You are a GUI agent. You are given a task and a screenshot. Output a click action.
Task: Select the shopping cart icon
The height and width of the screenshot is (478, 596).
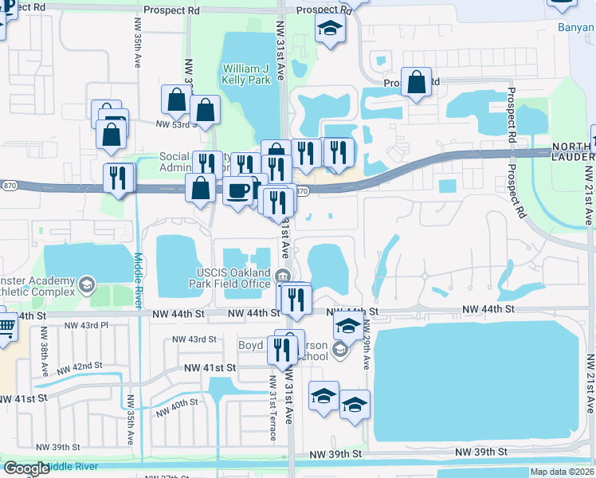point(5,326)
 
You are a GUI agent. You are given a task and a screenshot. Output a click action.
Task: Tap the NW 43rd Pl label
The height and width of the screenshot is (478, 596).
point(86,326)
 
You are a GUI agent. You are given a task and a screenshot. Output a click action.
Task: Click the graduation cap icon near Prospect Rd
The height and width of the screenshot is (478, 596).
point(327,30)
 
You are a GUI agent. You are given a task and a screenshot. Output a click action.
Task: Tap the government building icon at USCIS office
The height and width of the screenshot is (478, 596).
point(283,276)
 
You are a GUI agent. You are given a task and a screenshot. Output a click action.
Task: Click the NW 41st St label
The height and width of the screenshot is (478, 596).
point(210,368)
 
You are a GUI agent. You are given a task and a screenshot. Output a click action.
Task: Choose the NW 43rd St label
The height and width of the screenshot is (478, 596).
point(195,339)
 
